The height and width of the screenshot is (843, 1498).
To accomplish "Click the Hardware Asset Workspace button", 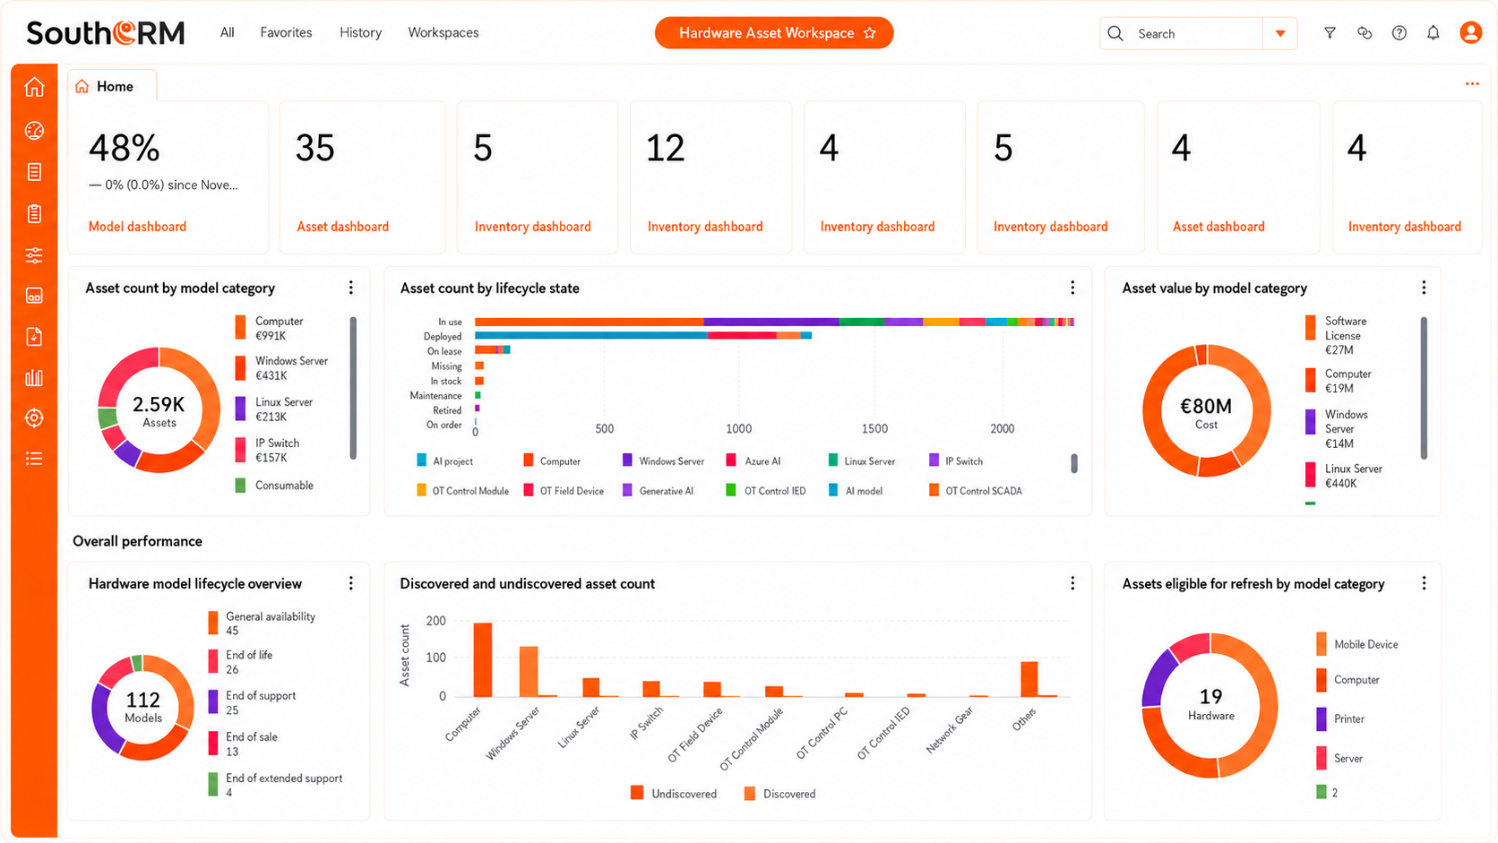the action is pyautogui.click(x=774, y=33).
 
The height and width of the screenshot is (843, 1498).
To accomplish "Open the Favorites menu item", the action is pyautogui.click(x=286, y=32).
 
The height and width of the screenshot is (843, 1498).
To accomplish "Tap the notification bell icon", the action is pyautogui.click(x=1433, y=33).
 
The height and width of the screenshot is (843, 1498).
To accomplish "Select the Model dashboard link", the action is pyautogui.click(x=137, y=227).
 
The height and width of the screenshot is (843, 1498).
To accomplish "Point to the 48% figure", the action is pyautogui.click(x=125, y=148).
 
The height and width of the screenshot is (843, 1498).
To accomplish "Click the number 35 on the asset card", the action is pyautogui.click(x=315, y=148).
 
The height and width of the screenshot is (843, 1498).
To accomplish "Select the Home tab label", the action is pyautogui.click(x=115, y=86).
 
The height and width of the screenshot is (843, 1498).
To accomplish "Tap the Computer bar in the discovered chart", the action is pyautogui.click(x=482, y=660).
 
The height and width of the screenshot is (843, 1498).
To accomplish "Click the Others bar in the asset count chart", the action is pyautogui.click(x=1029, y=679).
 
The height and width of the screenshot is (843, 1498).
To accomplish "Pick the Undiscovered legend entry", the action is pyautogui.click(x=674, y=794).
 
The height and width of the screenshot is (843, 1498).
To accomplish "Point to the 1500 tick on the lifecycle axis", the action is pyautogui.click(x=874, y=428).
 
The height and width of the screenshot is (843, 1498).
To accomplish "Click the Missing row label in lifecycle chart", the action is pyautogui.click(x=446, y=366).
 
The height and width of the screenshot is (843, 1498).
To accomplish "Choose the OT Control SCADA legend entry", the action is pyautogui.click(x=976, y=491).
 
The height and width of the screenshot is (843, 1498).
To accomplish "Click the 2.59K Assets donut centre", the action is pyautogui.click(x=159, y=411).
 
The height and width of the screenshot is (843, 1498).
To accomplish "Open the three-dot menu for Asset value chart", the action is pyautogui.click(x=1424, y=288).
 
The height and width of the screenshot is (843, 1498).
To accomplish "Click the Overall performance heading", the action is pyautogui.click(x=137, y=541).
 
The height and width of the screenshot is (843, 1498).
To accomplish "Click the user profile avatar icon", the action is pyautogui.click(x=1470, y=33).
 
